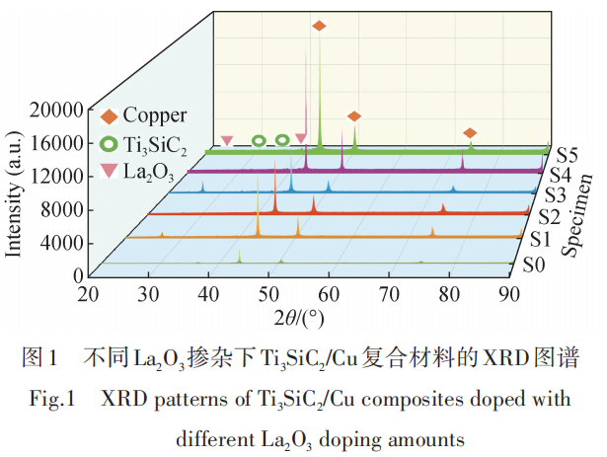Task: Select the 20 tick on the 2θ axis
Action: [x=89, y=294]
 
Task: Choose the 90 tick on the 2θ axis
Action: [x=509, y=294]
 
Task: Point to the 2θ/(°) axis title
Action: [x=299, y=318]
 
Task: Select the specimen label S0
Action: [x=533, y=265]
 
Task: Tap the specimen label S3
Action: [x=554, y=193]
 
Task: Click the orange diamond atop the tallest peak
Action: [x=318, y=26]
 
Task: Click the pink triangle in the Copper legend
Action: [x=107, y=171]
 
